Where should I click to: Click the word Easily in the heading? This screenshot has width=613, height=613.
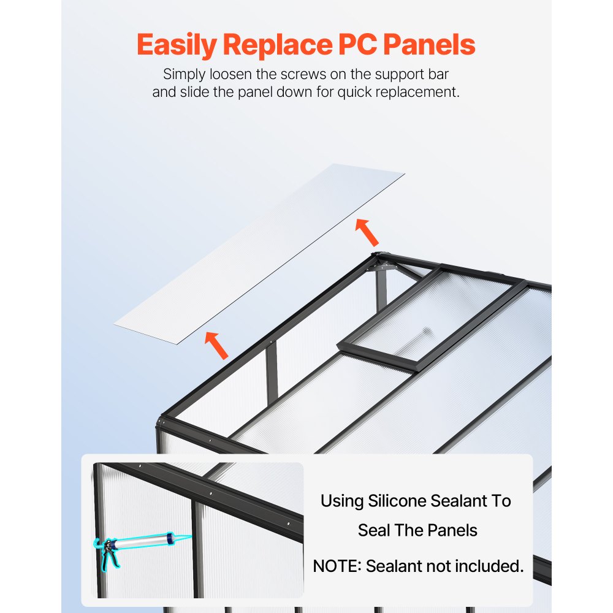[x=177, y=45]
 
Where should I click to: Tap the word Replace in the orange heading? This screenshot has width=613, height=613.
[x=278, y=45]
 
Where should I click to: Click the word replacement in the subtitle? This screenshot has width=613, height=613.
[x=417, y=93]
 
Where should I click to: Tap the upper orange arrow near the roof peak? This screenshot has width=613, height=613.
[x=367, y=232]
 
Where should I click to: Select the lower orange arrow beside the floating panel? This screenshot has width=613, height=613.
[x=216, y=345]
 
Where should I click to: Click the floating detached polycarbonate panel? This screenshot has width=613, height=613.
[x=259, y=254]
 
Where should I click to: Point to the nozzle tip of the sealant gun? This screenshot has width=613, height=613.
[x=190, y=536]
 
